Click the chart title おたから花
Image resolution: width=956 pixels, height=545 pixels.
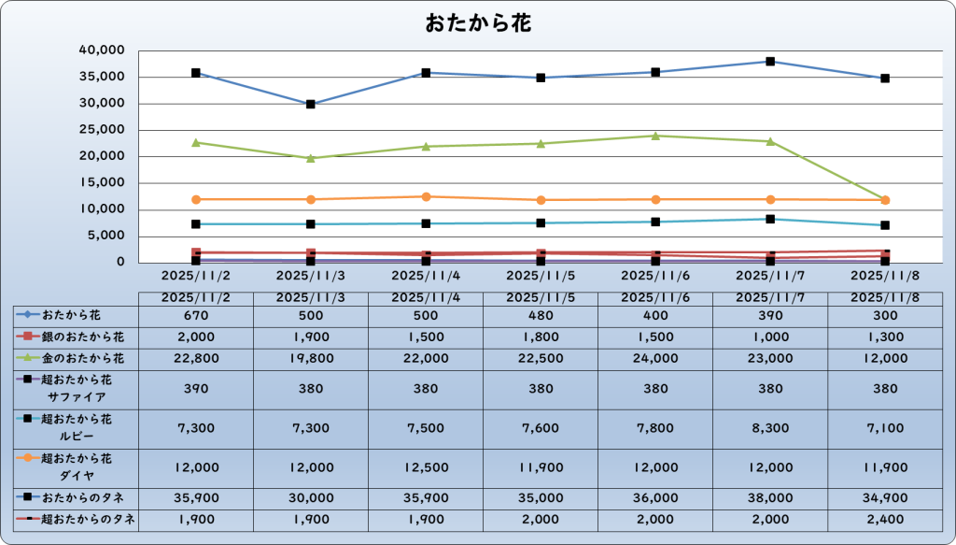(x=478, y=23)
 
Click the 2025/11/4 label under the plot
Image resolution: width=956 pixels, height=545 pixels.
(x=426, y=276)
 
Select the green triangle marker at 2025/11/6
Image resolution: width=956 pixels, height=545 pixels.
(x=655, y=136)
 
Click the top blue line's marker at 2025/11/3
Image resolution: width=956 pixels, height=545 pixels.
(x=311, y=104)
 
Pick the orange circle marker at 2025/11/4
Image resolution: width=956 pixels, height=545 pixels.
(x=426, y=196)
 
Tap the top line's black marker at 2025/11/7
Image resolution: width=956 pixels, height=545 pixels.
(x=770, y=62)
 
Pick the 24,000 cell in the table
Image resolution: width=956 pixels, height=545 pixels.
(x=655, y=358)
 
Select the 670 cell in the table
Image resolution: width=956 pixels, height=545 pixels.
(x=196, y=316)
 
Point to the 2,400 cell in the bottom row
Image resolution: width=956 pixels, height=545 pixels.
(x=885, y=519)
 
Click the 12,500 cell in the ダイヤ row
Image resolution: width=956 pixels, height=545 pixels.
(x=426, y=466)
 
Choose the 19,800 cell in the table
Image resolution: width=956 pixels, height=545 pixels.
(x=311, y=358)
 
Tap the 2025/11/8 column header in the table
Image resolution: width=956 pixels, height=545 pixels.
(x=885, y=297)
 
